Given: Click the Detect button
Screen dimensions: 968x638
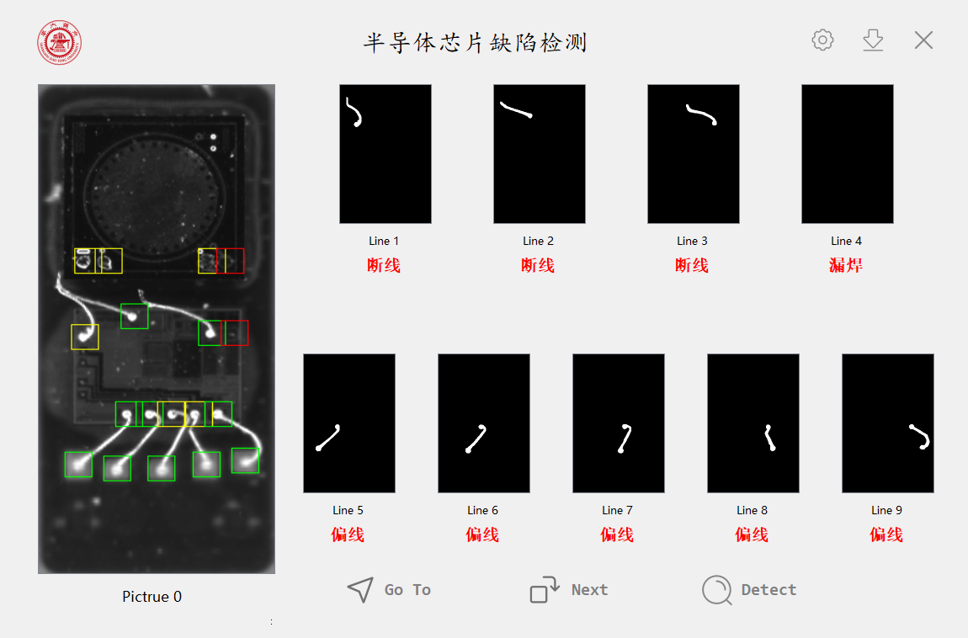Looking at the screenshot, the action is click(749, 590).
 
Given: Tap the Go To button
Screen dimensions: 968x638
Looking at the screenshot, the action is click(389, 590).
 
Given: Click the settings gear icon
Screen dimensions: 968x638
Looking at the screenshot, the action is click(822, 40).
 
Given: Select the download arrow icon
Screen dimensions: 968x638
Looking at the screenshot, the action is click(873, 40).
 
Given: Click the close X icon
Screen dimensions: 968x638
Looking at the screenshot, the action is click(923, 40).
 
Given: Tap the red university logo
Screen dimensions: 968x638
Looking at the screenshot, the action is click(59, 43).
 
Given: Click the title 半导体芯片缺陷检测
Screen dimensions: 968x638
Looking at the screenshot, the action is click(475, 43).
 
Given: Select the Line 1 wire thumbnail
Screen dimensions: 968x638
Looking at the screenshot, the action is click(386, 154).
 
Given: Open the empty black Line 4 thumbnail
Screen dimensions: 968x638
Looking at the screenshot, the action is click(848, 154).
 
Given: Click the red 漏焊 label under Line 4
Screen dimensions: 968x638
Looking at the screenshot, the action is click(846, 265).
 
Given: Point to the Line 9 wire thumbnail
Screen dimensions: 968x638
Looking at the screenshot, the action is click(888, 423).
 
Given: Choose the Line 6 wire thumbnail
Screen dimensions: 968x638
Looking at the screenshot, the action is click(484, 423).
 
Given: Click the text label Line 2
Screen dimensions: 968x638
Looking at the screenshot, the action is click(539, 241).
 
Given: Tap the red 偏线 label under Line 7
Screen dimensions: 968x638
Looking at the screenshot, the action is click(617, 534).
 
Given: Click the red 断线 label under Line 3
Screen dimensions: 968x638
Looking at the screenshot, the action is click(691, 265).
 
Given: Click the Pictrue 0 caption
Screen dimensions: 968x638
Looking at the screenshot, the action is click(152, 597).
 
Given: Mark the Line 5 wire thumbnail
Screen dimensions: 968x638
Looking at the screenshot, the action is click(349, 423).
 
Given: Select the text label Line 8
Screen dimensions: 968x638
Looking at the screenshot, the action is click(752, 510).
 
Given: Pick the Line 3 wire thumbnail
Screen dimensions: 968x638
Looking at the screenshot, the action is click(694, 154).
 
